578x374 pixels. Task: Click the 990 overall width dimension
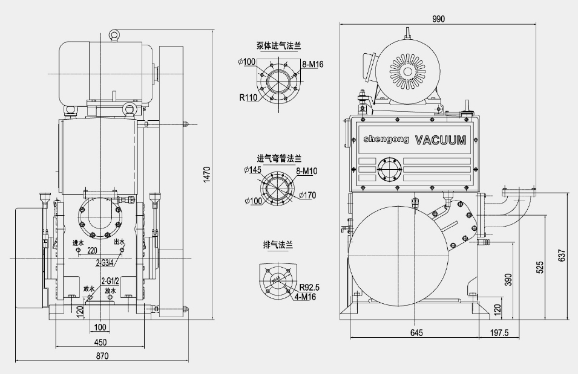(439, 19)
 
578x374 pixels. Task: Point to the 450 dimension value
(101, 343)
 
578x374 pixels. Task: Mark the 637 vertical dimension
(562, 256)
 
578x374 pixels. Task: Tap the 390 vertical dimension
(508, 280)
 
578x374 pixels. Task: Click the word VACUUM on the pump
(441, 141)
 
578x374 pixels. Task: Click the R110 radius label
(248, 97)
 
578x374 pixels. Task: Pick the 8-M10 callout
(307, 172)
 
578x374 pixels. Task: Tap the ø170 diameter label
(307, 195)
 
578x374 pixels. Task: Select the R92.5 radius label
(309, 287)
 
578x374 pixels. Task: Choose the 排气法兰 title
(278, 245)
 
